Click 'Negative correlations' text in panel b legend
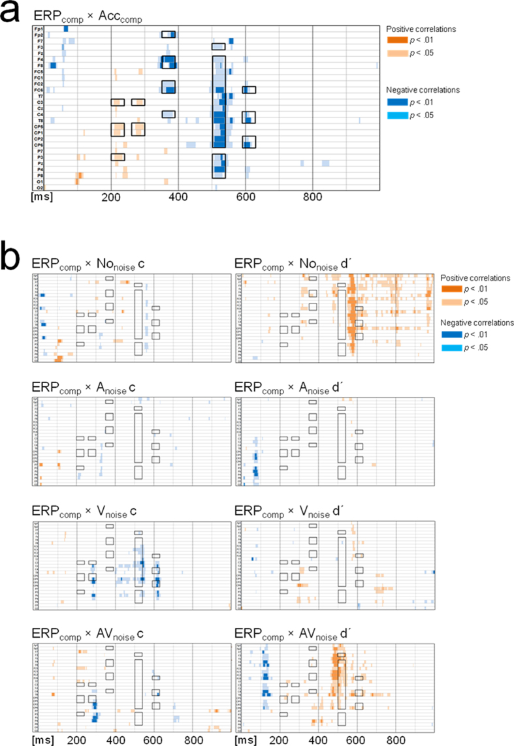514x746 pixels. (x=470, y=322)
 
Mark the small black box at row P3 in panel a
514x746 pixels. (x=118, y=157)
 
